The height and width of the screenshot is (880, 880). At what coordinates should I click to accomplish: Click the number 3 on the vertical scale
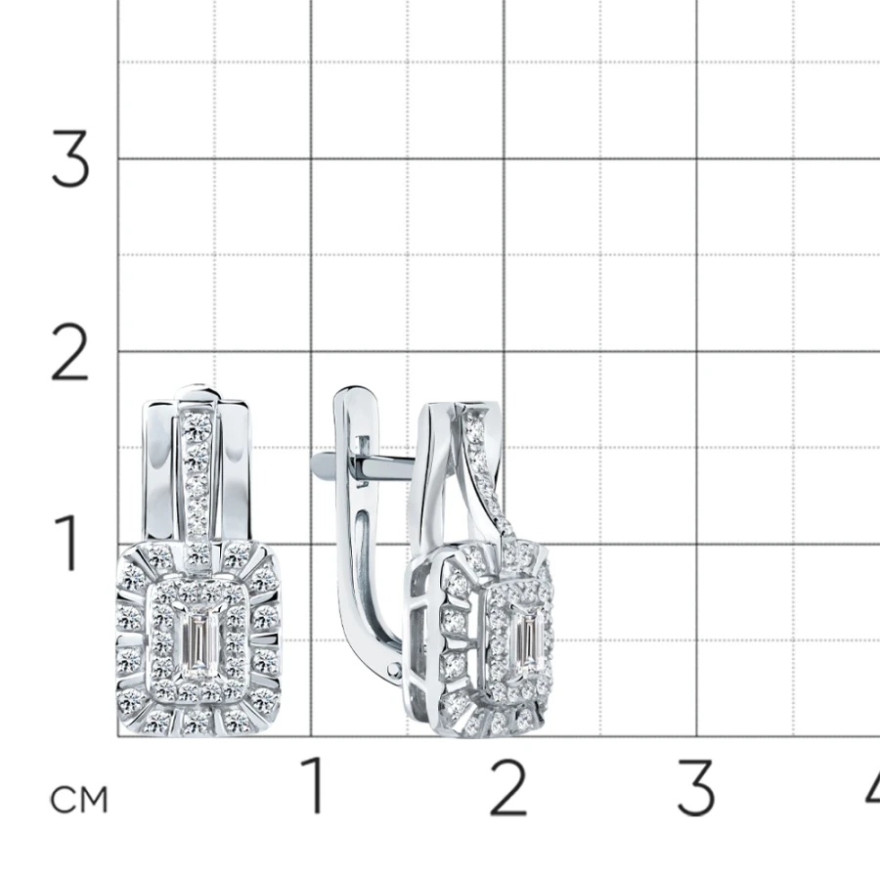[70, 158]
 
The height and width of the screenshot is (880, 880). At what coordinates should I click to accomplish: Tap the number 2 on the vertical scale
[69, 352]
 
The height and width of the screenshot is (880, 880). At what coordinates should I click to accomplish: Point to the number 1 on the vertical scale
[67, 543]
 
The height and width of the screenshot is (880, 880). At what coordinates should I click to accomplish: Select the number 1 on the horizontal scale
[313, 784]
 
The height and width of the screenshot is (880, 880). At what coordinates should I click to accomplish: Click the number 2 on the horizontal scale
[508, 786]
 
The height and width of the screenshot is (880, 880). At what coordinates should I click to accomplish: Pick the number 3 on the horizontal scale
[696, 787]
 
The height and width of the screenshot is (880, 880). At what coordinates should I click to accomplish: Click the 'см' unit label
[78, 800]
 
